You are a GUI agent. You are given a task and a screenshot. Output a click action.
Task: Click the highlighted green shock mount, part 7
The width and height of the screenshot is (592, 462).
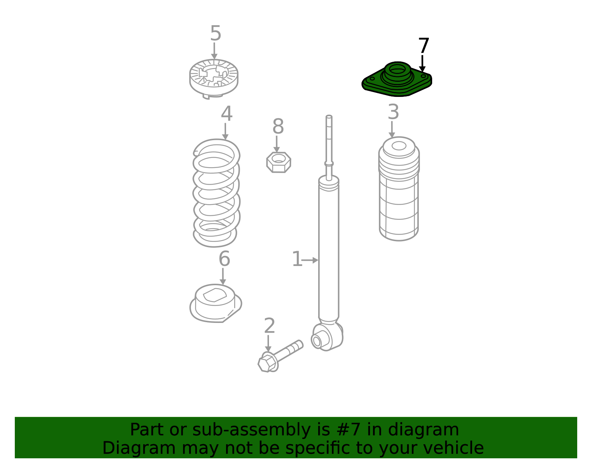[397, 80]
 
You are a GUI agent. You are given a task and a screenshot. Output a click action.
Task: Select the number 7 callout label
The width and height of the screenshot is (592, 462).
[423, 45]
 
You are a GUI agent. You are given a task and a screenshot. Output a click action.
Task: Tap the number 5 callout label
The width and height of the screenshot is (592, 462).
[215, 33]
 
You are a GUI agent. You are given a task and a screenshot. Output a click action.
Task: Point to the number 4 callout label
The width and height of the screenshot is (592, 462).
[227, 114]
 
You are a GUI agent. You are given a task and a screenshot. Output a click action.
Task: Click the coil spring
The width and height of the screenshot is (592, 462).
[216, 193]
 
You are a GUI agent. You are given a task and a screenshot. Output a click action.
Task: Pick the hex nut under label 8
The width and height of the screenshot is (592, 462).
[279, 162]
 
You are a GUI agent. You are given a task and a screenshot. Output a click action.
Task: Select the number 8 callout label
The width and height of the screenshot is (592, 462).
[278, 127]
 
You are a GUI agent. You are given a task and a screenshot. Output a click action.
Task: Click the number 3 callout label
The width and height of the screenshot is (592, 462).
[393, 112]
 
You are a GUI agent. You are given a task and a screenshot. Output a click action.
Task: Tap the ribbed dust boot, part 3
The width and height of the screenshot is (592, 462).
[399, 189]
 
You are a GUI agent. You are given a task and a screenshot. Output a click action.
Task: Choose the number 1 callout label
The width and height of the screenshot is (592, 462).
[297, 259]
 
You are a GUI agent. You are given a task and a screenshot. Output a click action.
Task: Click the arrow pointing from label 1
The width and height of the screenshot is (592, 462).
[310, 260]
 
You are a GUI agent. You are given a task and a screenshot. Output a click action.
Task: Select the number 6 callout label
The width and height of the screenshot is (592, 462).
[225, 259]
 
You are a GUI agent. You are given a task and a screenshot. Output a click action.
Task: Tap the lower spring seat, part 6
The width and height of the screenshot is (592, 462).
[215, 303]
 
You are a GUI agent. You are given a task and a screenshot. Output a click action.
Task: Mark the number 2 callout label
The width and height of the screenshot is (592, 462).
[269, 326]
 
